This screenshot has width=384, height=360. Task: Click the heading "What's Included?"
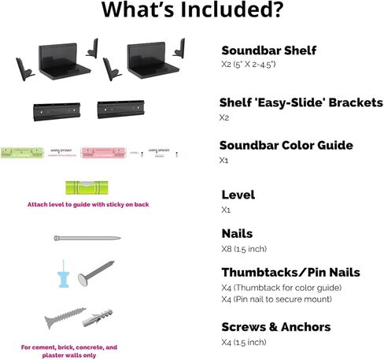coord(192,12)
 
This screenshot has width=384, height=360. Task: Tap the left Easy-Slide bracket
coord(57,110)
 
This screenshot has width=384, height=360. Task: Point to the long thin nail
coord(86,238)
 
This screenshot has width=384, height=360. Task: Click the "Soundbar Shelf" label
coord(268,50)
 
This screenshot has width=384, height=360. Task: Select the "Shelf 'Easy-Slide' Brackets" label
coord(301,102)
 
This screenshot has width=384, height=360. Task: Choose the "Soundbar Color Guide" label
coord(286,145)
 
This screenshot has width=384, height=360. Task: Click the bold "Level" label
coord(238,195)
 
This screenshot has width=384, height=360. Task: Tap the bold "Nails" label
coord(238,233)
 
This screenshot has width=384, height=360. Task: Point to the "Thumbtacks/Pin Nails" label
coord(290,273)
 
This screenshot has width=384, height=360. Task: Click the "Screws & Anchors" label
coord(275,326)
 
